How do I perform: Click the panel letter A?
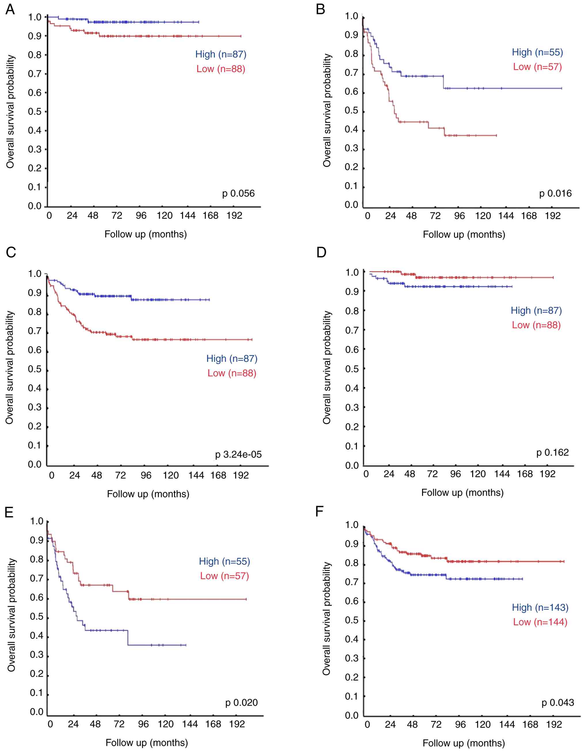[x=10, y=9]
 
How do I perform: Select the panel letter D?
[x=321, y=252]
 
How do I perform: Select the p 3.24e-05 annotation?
[x=238, y=454]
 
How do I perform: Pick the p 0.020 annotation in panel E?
[x=242, y=702]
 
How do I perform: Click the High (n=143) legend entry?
[x=540, y=607]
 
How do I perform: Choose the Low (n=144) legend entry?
[x=540, y=622]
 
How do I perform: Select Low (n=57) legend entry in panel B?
[x=537, y=67]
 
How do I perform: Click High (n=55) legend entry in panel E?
[x=224, y=561]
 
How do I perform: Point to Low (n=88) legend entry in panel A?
[x=221, y=69]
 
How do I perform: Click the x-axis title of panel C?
[x=148, y=494]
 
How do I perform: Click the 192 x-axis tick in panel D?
[x=547, y=474]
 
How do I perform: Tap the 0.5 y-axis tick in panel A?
[x=35, y=112]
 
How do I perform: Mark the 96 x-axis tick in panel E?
[x=143, y=724]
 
